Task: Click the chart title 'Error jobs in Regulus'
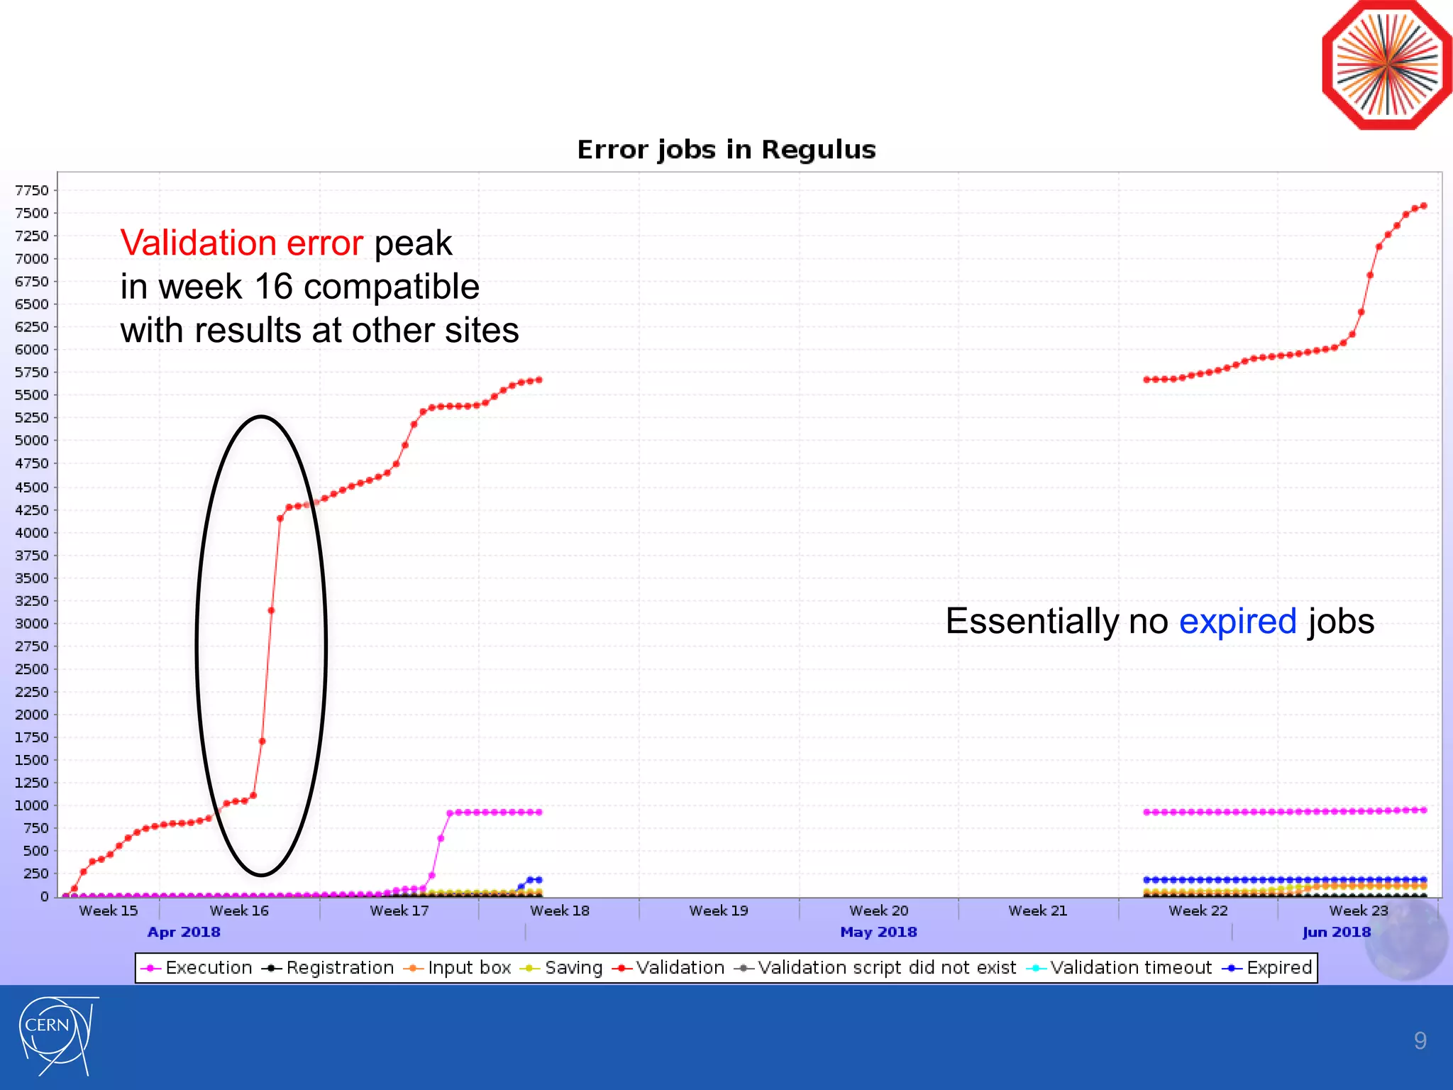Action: pos(726,150)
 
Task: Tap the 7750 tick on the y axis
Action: pos(32,190)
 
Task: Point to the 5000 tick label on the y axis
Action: pos(32,441)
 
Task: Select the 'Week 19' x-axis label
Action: pos(719,910)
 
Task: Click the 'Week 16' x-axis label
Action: pos(239,910)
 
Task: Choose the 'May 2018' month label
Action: pos(878,932)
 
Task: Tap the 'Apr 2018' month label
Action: pos(184,932)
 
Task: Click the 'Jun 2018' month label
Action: pos(1337,932)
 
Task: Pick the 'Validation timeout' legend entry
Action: pos(1120,968)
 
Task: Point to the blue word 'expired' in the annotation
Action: pos(1237,622)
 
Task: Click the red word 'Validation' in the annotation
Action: pos(198,243)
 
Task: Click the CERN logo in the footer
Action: pos(56,1035)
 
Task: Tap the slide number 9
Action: pos(1420,1040)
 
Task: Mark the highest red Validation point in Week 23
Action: pos(1423,206)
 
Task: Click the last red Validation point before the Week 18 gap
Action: pos(539,380)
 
